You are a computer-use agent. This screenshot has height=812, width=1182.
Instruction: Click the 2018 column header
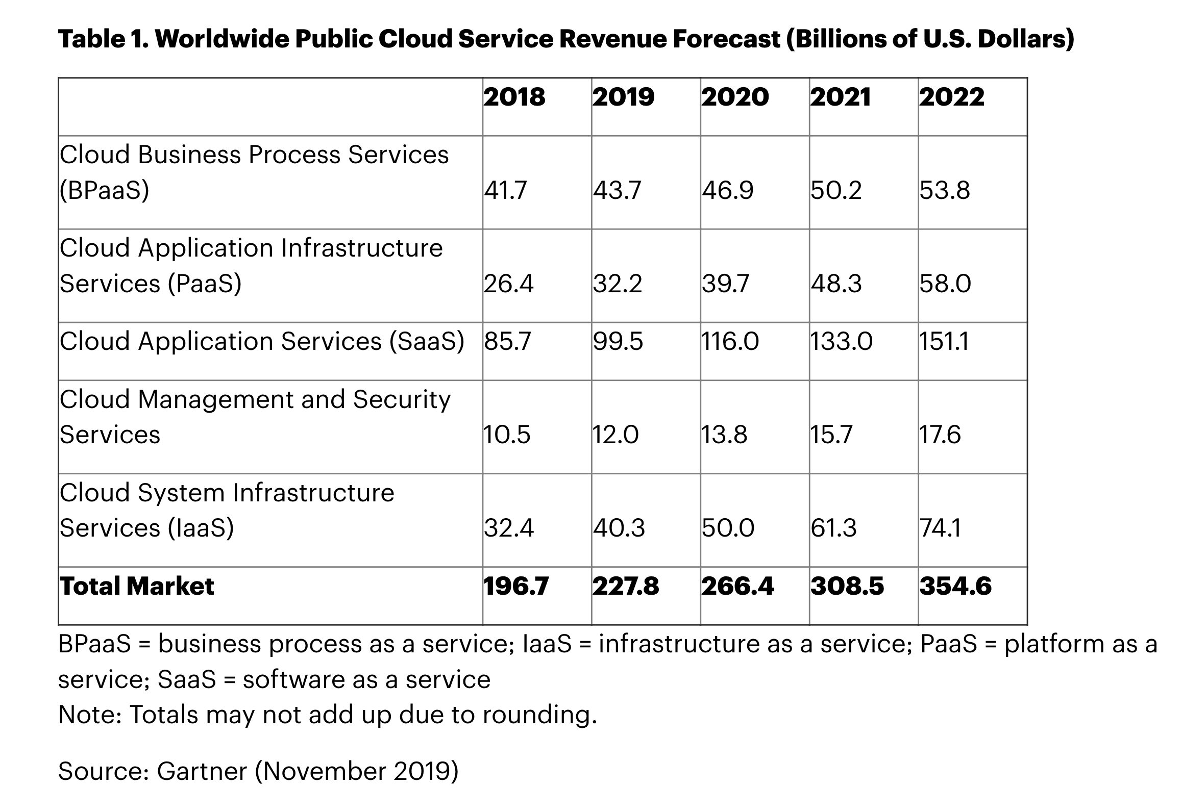(514, 97)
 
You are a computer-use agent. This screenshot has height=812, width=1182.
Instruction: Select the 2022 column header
(951, 97)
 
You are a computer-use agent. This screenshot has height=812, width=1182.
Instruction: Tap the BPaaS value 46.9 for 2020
(727, 190)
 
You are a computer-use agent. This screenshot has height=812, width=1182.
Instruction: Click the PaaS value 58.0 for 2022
(945, 284)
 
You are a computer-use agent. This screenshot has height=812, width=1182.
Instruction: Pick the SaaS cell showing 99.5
(618, 341)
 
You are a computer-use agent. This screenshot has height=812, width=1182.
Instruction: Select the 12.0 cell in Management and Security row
(615, 435)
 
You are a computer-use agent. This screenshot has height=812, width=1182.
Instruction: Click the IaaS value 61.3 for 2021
(833, 528)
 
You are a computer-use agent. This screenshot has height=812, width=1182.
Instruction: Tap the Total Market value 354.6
(955, 586)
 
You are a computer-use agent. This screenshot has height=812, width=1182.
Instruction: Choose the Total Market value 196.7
(516, 586)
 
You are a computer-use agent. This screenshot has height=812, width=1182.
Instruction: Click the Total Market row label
(137, 586)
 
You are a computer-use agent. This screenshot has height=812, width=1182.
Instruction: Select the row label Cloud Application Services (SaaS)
(262, 341)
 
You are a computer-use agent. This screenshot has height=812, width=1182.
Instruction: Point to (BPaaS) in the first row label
(105, 191)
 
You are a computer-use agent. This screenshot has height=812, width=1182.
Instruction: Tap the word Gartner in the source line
(202, 771)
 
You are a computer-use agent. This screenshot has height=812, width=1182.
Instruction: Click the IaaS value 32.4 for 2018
(509, 528)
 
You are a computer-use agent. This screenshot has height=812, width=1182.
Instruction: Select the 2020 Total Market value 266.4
(737, 586)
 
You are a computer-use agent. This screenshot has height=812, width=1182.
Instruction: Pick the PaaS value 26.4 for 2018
(509, 284)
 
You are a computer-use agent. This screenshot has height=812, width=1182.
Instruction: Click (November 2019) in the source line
(357, 771)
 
